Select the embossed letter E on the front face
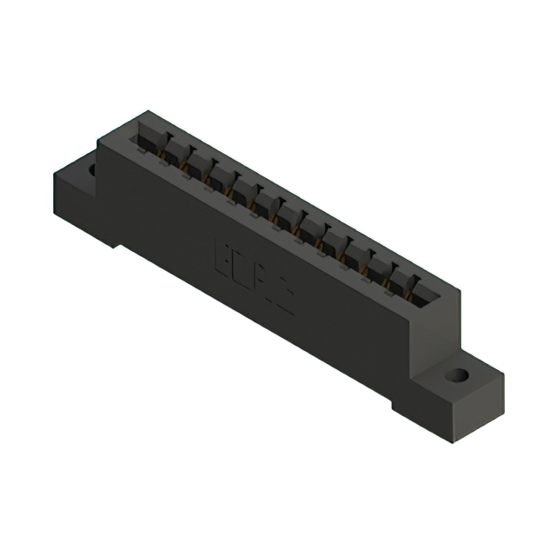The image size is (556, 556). coord(221,256)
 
